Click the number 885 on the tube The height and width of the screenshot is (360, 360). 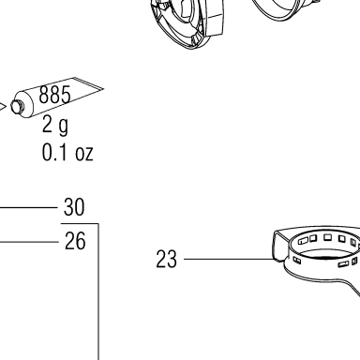coord(54,95)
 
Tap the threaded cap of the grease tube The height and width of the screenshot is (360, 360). coord(17,106)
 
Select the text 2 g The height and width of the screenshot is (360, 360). coord(55,126)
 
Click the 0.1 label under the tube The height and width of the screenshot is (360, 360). coord(54,153)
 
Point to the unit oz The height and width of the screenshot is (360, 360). coord(84,155)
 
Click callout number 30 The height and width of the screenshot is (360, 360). coord(74,207)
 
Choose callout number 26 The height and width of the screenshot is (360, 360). coord(75,241)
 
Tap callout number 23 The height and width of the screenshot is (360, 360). coord(166,259)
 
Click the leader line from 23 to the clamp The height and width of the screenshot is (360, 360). coord(229,259)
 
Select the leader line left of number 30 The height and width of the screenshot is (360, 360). coord(29,207)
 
